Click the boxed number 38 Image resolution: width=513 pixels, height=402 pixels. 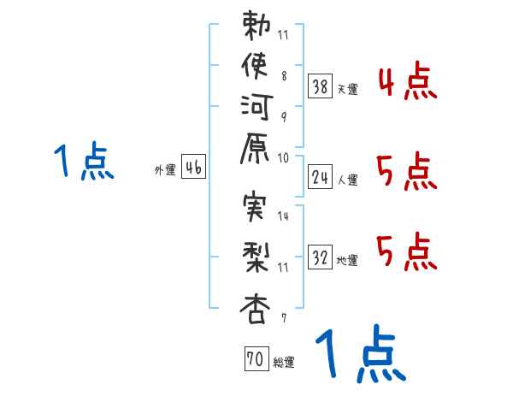pyautogui.click(x=320, y=86)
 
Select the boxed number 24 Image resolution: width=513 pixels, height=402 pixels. pyautogui.click(x=320, y=177)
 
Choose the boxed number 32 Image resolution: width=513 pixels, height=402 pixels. pyautogui.click(x=320, y=257)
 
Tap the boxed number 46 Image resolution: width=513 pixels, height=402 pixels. pyautogui.click(x=193, y=168)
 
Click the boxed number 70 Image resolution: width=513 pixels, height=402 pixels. pyautogui.click(x=253, y=360)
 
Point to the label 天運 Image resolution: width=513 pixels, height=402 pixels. pyautogui.click(x=348, y=89)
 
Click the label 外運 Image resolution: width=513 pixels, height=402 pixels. pyautogui.click(x=165, y=170)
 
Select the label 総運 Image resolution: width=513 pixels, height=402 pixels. pyautogui.click(x=283, y=363)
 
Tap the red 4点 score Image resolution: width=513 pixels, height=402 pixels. pyautogui.click(x=407, y=84)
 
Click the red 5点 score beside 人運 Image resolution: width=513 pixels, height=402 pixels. pyautogui.click(x=407, y=172)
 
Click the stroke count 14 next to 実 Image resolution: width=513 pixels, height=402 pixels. pyautogui.click(x=283, y=217)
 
